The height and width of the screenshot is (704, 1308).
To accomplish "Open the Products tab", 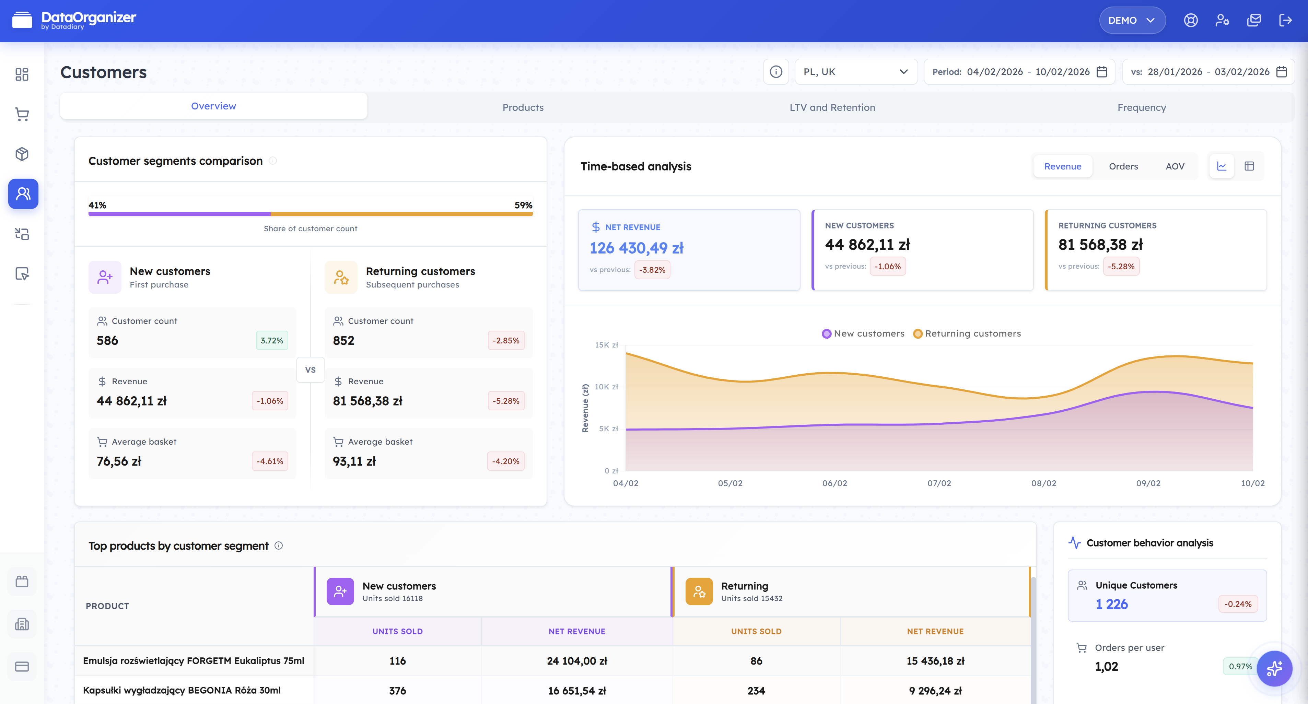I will pyautogui.click(x=523, y=107).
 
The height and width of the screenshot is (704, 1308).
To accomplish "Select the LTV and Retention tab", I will pyautogui.click(x=832, y=107).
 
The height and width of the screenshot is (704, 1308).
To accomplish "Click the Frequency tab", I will pyautogui.click(x=1142, y=107).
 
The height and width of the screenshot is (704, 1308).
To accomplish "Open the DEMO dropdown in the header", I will pyautogui.click(x=1132, y=20).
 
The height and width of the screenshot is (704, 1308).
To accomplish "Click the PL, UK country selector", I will pyautogui.click(x=855, y=72).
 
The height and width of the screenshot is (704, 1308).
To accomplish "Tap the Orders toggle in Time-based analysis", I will pyautogui.click(x=1123, y=166).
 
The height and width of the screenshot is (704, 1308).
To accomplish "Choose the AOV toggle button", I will pyautogui.click(x=1175, y=166).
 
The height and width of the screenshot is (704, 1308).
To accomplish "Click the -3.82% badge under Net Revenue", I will pyautogui.click(x=652, y=270).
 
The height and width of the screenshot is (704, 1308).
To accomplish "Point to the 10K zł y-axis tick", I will pyautogui.click(x=606, y=387).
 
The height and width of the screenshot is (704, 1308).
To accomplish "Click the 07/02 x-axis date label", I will pyautogui.click(x=939, y=483).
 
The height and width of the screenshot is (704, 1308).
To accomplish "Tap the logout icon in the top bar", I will pyautogui.click(x=1285, y=20).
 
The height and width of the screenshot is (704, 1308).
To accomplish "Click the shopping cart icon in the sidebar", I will pyautogui.click(x=22, y=114).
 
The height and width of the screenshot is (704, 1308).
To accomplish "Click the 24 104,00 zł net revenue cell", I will pyautogui.click(x=577, y=661).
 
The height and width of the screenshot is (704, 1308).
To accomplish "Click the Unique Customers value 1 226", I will pyautogui.click(x=1111, y=604).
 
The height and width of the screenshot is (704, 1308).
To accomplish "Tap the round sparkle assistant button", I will pyautogui.click(x=1274, y=668).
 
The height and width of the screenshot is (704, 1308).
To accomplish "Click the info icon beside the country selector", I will pyautogui.click(x=775, y=72).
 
